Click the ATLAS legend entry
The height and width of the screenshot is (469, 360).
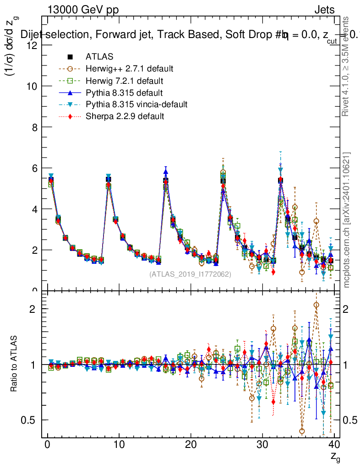pyautogui.click(x=99, y=57)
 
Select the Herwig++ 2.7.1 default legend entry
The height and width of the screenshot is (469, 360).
pyautogui.click(x=129, y=69)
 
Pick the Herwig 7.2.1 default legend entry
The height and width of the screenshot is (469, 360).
pyautogui.click(x=124, y=81)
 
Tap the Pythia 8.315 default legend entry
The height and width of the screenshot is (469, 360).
pyautogui.click(x=124, y=93)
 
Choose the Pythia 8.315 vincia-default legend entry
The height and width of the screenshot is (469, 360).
pyautogui.click(x=136, y=104)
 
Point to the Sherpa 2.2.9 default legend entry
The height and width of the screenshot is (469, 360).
pyautogui.click(x=125, y=116)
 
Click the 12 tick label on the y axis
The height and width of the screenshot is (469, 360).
pyautogui.click(x=33, y=45)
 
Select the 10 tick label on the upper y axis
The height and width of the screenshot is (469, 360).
pyautogui.click(x=33, y=86)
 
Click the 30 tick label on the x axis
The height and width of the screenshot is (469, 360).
pyautogui.click(x=262, y=445)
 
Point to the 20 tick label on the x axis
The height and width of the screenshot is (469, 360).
pyautogui.click(x=191, y=445)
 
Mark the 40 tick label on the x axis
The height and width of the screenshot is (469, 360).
pyautogui.click(x=334, y=445)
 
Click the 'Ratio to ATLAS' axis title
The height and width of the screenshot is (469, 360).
pyautogui.click(x=15, y=364)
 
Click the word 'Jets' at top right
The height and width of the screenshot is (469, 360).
pyautogui.click(x=324, y=10)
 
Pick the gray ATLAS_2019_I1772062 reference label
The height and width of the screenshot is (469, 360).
pyautogui.click(x=190, y=274)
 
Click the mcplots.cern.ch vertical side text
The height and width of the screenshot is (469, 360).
pyautogui.click(x=347, y=220)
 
